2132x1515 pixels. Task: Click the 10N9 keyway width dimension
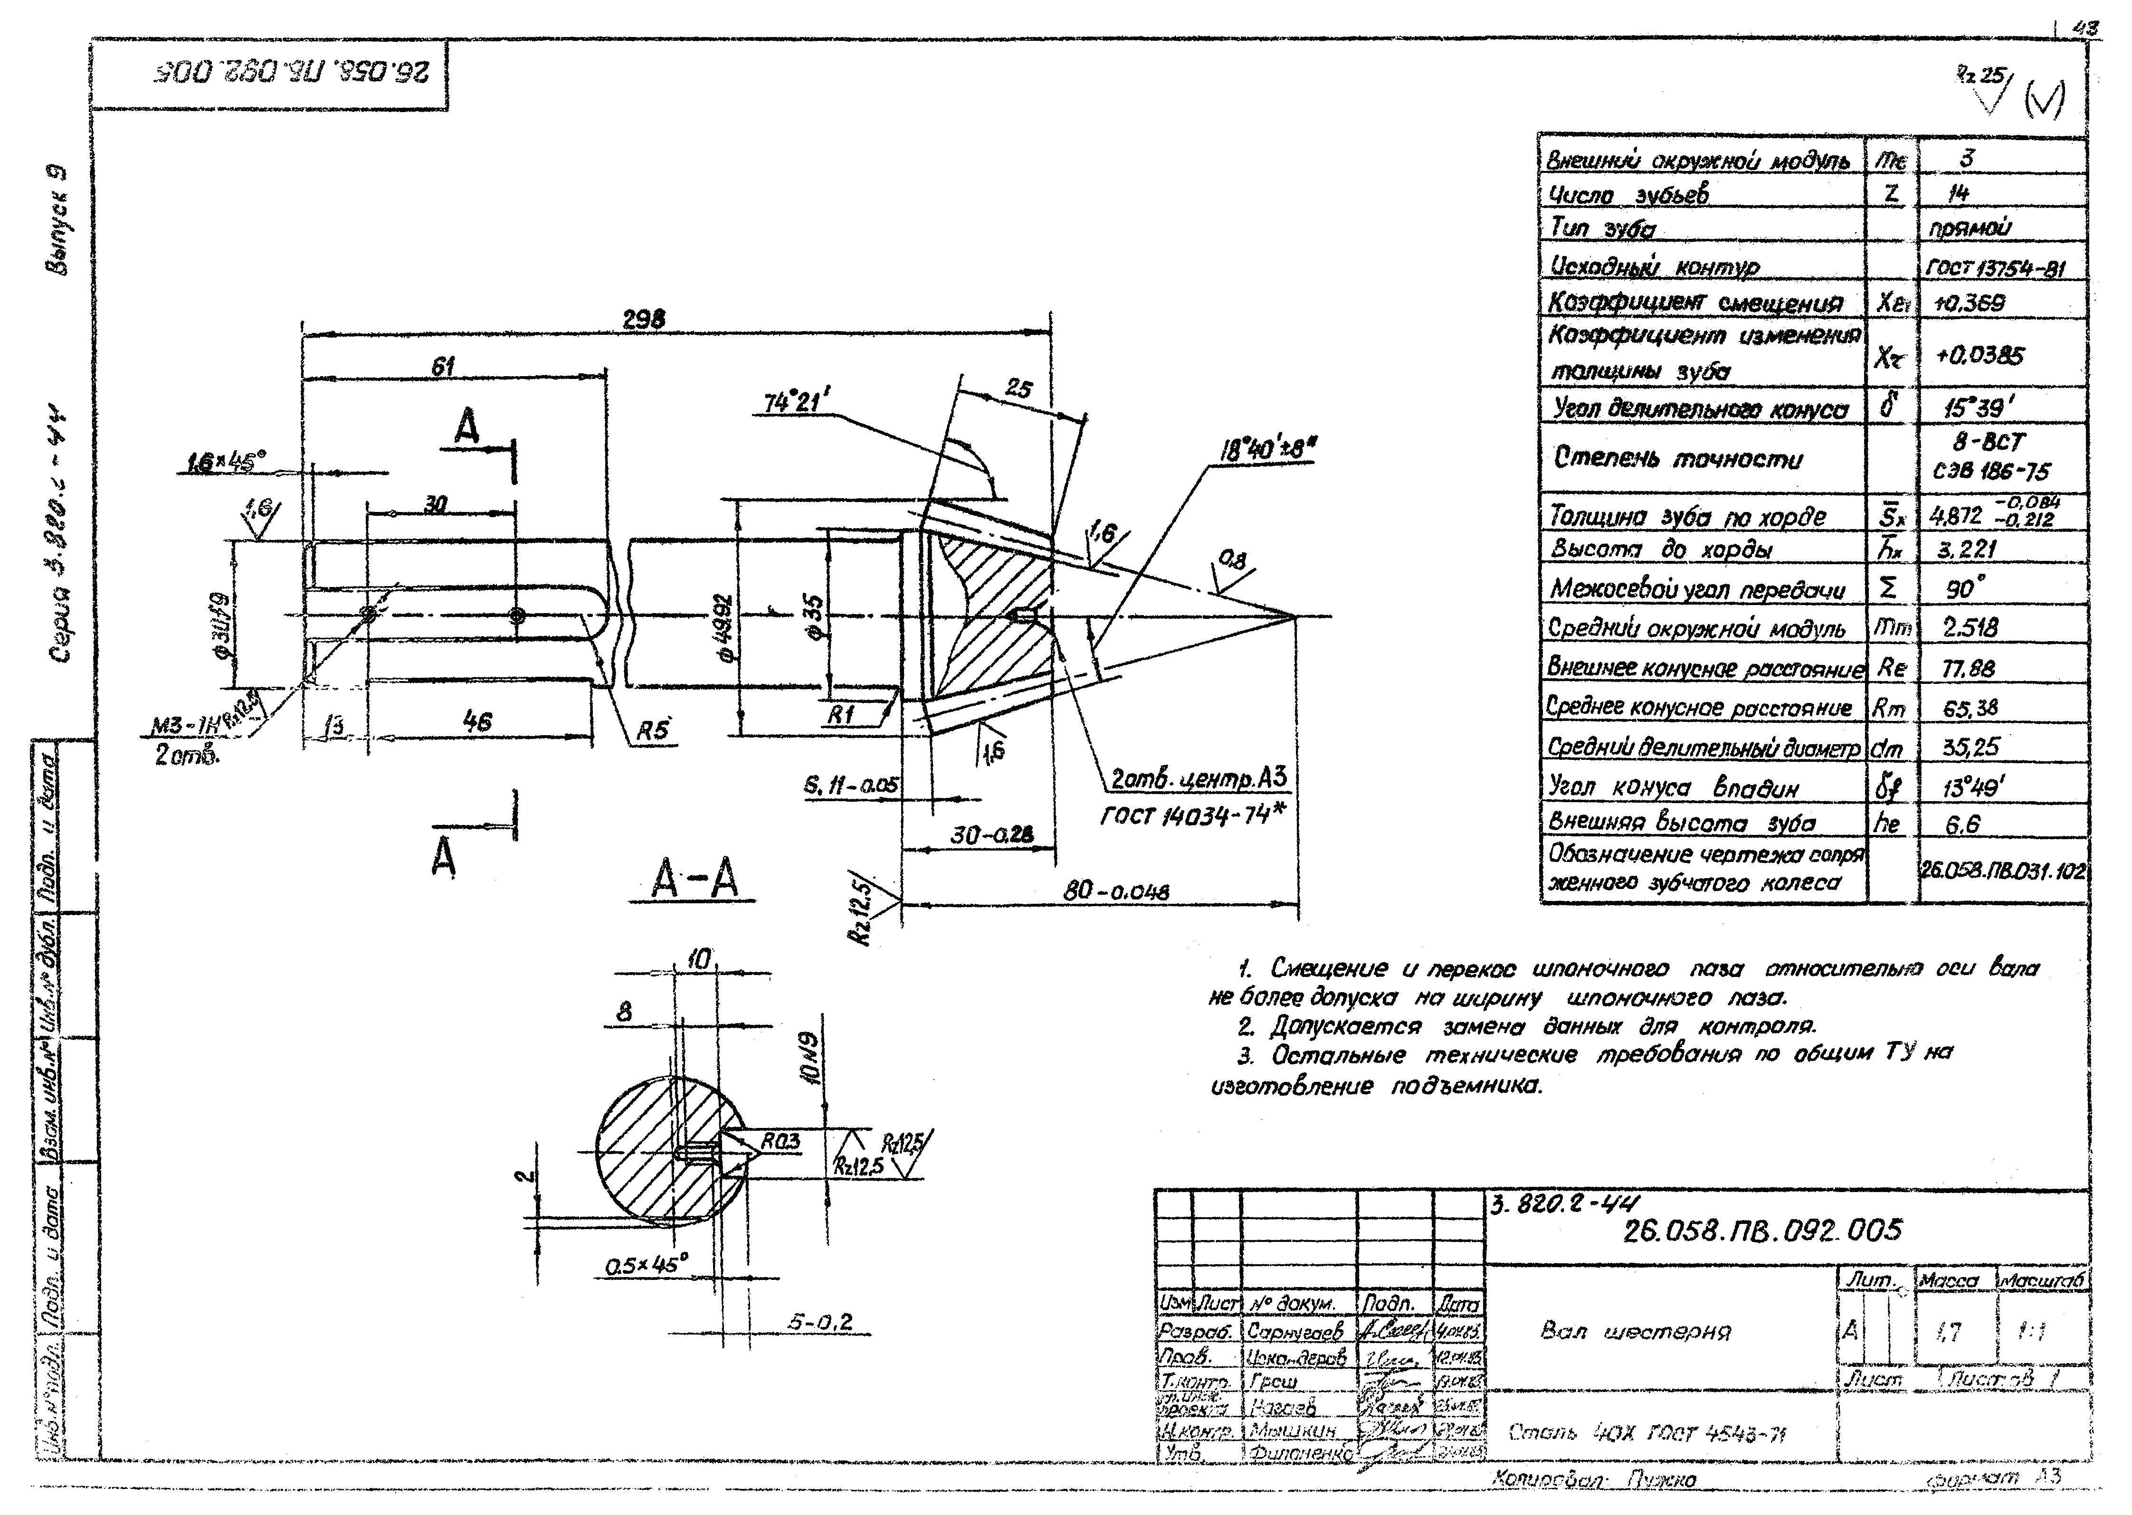[x=810, y=1059]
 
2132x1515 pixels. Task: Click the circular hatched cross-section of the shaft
[x=653, y=1147]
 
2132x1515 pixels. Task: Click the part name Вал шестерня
[x=1635, y=1331]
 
